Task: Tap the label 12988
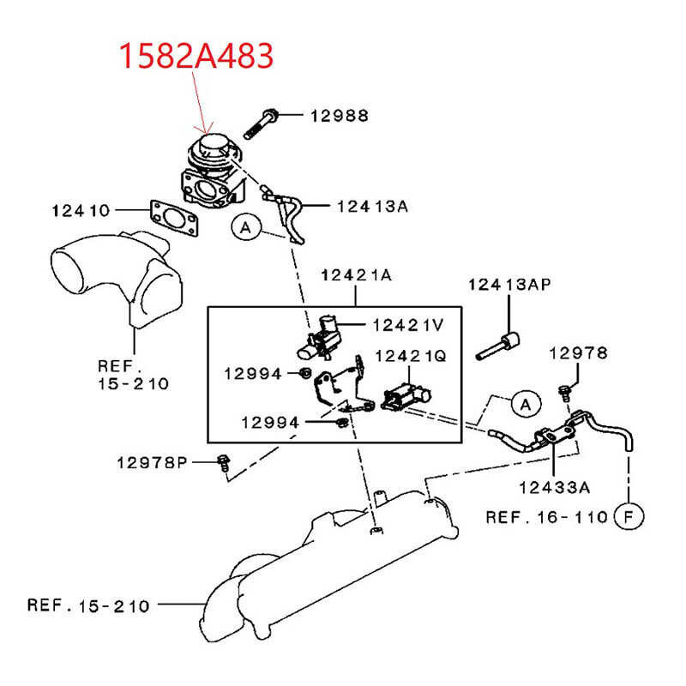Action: (x=340, y=114)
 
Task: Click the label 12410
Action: (x=81, y=208)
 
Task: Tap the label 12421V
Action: (x=408, y=324)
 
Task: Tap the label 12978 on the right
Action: (x=578, y=353)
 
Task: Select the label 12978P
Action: (x=152, y=463)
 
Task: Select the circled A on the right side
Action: (x=525, y=402)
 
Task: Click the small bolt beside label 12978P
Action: (x=224, y=461)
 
